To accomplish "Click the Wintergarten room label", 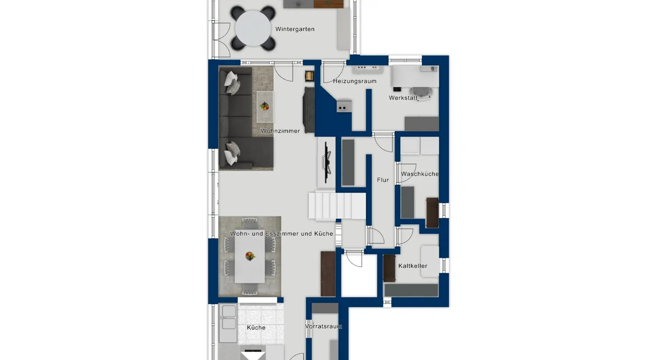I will click(295, 29).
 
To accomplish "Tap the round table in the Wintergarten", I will click(253, 28).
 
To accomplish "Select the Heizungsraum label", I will click(354, 81).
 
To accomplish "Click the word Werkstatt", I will click(403, 98).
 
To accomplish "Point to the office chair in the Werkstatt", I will click(421, 92).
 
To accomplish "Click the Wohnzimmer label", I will click(280, 131).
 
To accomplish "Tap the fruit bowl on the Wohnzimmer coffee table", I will click(265, 106).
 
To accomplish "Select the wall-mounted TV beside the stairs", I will click(327, 162).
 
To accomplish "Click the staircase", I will click(337, 205).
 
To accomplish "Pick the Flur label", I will click(383, 180).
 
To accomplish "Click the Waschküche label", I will click(420, 174).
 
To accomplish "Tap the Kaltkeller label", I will click(413, 266).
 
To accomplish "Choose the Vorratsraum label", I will click(324, 326).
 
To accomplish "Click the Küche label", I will click(256, 328).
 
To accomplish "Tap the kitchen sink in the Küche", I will click(229, 318).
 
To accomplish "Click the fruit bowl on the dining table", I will click(250, 256).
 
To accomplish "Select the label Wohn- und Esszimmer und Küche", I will click(282, 234).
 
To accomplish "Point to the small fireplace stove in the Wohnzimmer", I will click(310, 76).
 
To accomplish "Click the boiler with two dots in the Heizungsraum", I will click(344, 106).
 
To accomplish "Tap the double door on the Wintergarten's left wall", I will click(221, 39).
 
